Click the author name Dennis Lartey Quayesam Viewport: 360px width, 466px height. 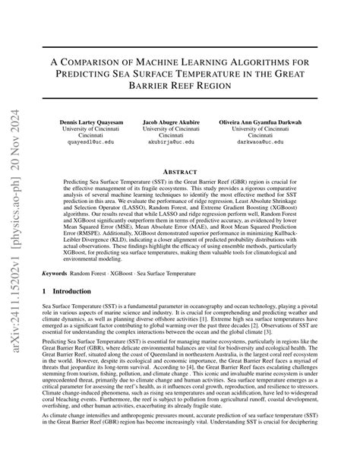point(91,122)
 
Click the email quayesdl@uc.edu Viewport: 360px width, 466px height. point(91,141)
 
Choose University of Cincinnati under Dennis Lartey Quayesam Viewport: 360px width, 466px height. point(91,129)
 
